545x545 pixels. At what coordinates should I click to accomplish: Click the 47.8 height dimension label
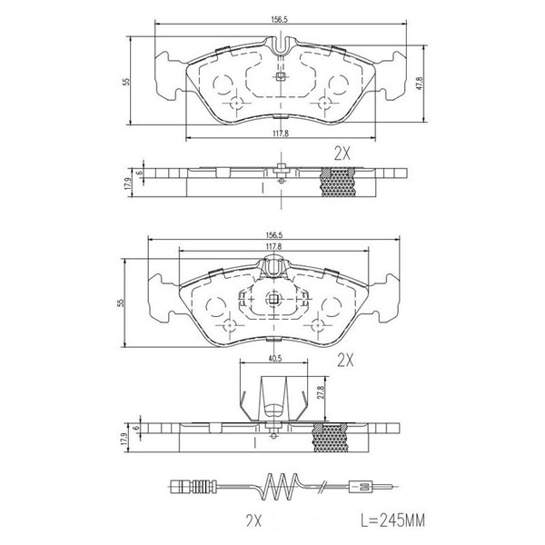(420, 84)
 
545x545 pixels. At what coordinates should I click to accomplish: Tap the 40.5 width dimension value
(274, 359)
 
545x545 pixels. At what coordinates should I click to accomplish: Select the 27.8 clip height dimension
(322, 392)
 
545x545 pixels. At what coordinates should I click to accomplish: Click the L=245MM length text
(392, 520)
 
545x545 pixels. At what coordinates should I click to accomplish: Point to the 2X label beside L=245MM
(253, 521)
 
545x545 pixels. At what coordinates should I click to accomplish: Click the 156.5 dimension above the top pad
(279, 20)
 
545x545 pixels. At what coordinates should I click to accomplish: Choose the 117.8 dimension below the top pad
(280, 133)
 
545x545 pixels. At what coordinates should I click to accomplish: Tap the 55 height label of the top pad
(126, 82)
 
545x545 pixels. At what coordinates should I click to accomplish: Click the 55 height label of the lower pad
(120, 302)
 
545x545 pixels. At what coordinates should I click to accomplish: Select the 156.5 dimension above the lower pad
(274, 235)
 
